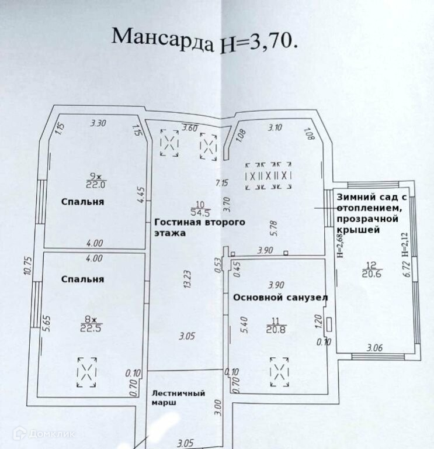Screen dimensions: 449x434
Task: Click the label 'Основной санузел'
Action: [280, 298]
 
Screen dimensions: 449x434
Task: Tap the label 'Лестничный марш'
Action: [178, 398]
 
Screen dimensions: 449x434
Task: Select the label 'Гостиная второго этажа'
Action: [199, 227]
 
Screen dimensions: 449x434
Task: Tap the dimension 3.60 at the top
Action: [190, 127]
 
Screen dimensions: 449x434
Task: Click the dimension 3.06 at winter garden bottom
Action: [374, 348]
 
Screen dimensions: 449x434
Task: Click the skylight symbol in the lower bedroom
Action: [86, 371]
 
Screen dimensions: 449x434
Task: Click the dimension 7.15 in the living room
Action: [221, 182]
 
